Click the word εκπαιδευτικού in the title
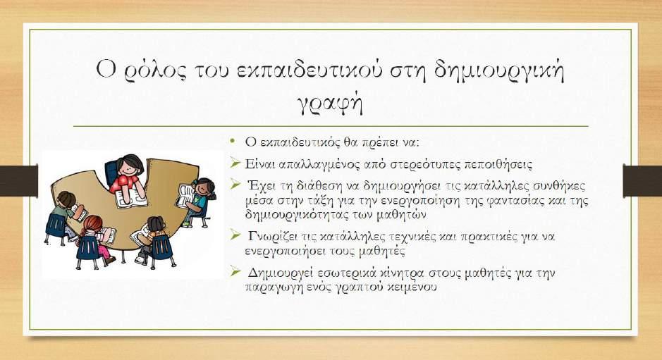pyautogui.click(x=307, y=70)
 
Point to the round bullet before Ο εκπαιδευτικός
pyautogui.click(x=232, y=140)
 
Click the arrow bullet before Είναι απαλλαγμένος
pyautogui.click(x=235, y=161)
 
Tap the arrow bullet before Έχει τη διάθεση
pyautogui.click(x=235, y=184)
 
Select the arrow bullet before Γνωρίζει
pyautogui.click(x=235, y=234)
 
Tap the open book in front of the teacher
pyautogui.click(x=131, y=197)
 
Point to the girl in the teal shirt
pyautogui.click(x=198, y=201)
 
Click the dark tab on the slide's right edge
pyautogui.click(x=642, y=180)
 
